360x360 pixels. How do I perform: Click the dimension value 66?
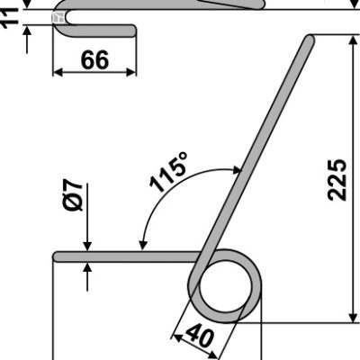click(x=94, y=60)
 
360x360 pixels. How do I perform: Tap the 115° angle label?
click(x=168, y=172)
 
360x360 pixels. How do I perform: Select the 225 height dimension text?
click(x=337, y=180)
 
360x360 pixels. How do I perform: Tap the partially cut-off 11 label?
click(x=9, y=19)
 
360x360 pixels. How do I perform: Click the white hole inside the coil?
click(x=225, y=286)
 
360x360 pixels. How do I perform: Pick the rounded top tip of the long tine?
click(x=310, y=39)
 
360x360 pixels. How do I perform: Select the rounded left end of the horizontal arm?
click(x=57, y=256)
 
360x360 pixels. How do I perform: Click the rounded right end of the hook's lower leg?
click(x=133, y=31)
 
